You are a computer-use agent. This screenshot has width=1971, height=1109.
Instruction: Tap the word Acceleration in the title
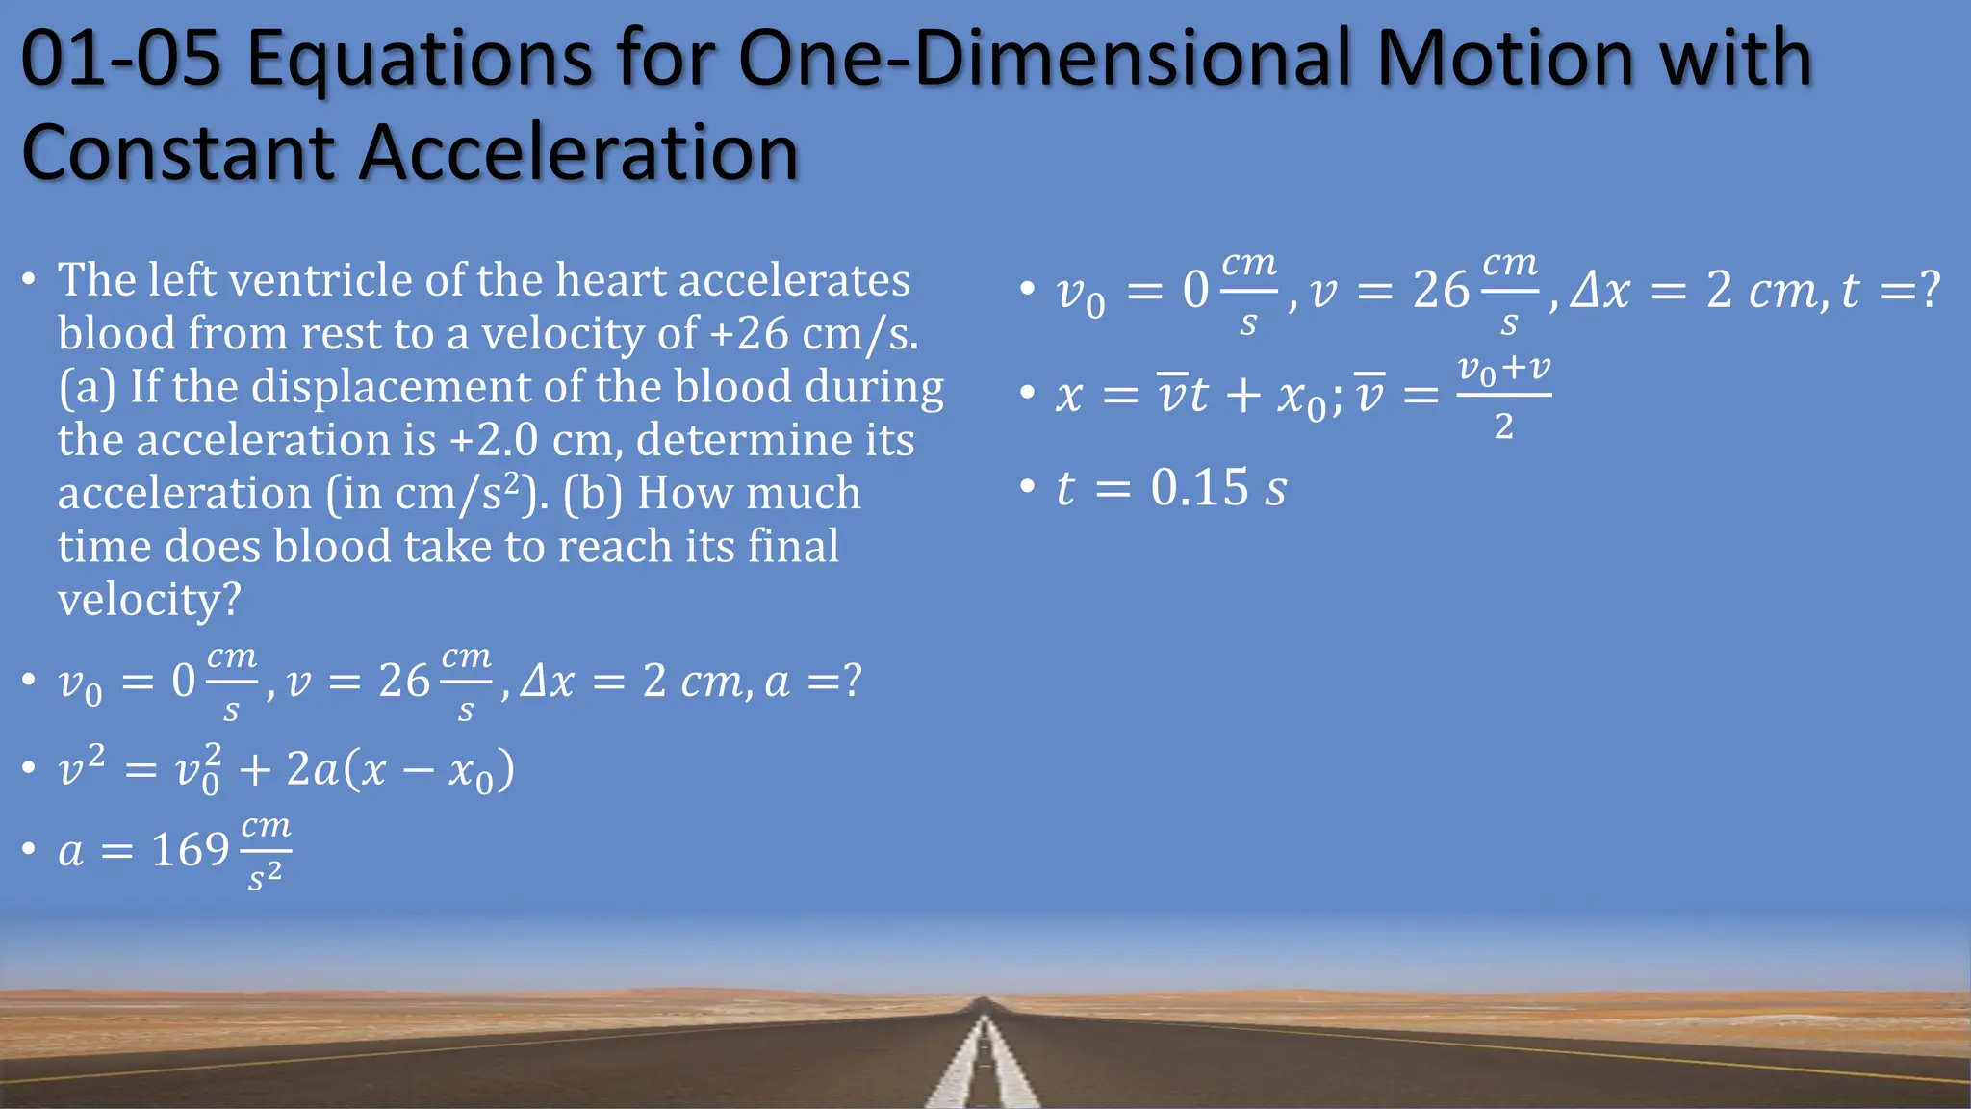pos(578,152)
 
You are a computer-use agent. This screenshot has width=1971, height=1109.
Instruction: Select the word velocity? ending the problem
pos(149,600)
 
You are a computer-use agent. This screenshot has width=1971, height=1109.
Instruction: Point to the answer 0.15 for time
pos(1199,487)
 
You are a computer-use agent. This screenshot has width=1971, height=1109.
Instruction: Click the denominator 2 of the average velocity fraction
pos(1503,426)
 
